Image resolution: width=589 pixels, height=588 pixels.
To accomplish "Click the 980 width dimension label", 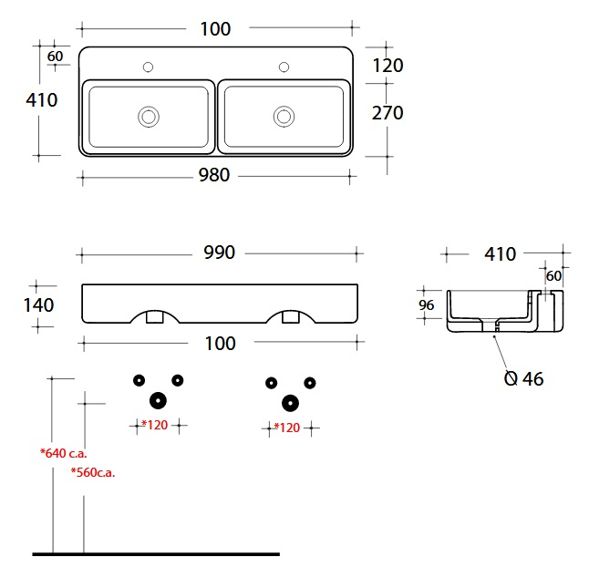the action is pyautogui.click(x=214, y=175).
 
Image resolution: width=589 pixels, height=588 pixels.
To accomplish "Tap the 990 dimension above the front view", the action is pyautogui.click(x=220, y=253).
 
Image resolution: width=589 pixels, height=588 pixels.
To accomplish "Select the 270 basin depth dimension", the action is pyautogui.click(x=387, y=113).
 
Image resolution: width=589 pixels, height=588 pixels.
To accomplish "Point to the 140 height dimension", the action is pyautogui.click(x=38, y=304).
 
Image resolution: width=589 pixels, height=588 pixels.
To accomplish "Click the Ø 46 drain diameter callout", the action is pyautogui.click(x=523, y=378).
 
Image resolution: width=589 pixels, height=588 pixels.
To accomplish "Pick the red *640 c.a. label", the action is pyautogui.click(x=64, y=453).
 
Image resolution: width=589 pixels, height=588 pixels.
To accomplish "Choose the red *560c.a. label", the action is pyautogui.click(x=93, y=472).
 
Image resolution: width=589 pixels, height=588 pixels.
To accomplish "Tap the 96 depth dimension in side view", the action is pyautogui.click(x=427, y=305).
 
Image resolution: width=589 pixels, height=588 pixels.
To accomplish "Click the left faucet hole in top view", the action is pyautogui.click(x=148, y=67).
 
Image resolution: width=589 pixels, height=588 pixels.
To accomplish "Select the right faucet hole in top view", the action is pyautogui.click(x=284, y=67).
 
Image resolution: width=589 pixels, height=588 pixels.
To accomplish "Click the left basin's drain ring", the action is pyautogui.click(x=149, y=117).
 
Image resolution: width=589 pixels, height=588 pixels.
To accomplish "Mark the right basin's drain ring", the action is pyautogui.click(x=284, y=117).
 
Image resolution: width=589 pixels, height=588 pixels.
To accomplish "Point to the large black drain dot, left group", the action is pyautogui.click(x=158, y=400).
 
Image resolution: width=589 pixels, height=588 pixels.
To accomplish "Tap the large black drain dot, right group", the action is pyautogui.click(x=290, y=403).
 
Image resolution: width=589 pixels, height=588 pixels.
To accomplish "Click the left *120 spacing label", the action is pyautogui.click(x=154, y=425).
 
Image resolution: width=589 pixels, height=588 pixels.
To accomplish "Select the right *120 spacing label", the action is pyautogui.click(x=287, y=428).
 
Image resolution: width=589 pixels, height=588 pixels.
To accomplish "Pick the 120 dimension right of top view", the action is pyautogui.click(x=387, y=66).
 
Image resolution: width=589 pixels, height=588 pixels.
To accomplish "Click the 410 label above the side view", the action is pyautogui.click(x=500, y=254).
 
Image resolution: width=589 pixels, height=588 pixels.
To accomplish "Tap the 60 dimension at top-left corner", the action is pyautogui.click(x=55, y=57).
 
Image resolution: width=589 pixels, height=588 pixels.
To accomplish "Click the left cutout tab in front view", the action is pyautogui.click(x=154, y=316).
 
